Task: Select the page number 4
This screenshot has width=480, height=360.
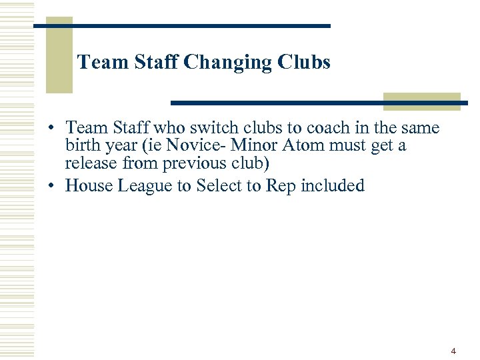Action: (x=453, y=351)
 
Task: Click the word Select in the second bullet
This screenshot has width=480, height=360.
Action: (x=219, y=185)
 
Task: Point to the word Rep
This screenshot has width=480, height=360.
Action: (x=281, y=185)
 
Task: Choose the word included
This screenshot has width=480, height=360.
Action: (x=333, y=185)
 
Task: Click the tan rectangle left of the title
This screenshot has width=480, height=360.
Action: (x=59, y=55)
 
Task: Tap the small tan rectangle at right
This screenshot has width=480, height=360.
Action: (x=421, y=101)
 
